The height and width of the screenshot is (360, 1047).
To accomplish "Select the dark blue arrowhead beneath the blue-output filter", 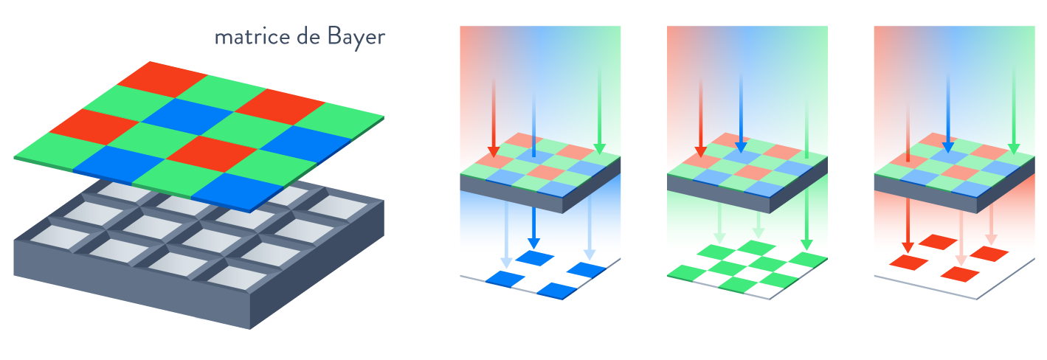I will coord(534,243).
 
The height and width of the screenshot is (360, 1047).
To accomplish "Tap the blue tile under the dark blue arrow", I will coord(535,258).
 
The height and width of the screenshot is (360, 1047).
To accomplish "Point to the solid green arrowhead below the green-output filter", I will coord(807,243).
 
